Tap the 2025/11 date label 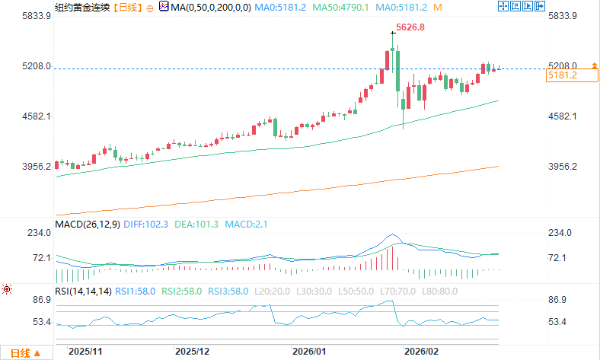tap(85, 352)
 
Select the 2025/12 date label tap(191, 352)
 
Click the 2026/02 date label tap(420, 352)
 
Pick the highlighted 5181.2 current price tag tap(563, 75)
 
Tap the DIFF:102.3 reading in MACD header tap(146, 225)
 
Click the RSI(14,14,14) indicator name tap(83, 292)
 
